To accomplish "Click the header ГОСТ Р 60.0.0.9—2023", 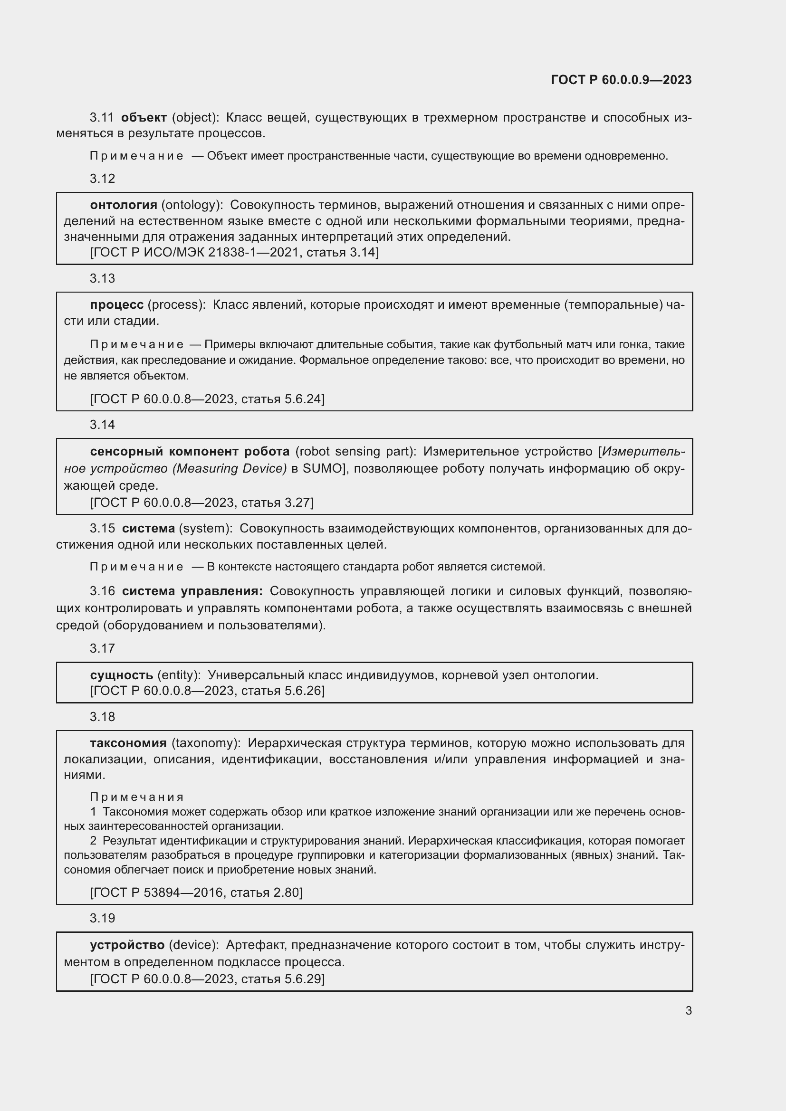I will coord(621,80).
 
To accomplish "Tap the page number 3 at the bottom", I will coord(688,1010).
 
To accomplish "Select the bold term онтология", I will coord(124,205).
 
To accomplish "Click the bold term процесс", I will coord(116,305).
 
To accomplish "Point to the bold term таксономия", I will coord(128,743).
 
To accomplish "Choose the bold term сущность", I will coord(122,675).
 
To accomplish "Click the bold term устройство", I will coord(127,945).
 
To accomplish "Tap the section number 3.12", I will coord(102,179).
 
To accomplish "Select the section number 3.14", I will coord(102,425).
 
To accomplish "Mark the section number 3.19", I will coord(102,918).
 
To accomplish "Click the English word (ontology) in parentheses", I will coord(192,205).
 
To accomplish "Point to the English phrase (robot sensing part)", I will coord(356,451).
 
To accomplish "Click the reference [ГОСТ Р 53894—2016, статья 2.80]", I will coord(196,893).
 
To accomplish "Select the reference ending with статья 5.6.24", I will coord(207,399).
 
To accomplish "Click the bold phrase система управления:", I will coord(192,591).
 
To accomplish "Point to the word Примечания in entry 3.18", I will coord(136,797).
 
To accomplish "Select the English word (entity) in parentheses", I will coord(179,675).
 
